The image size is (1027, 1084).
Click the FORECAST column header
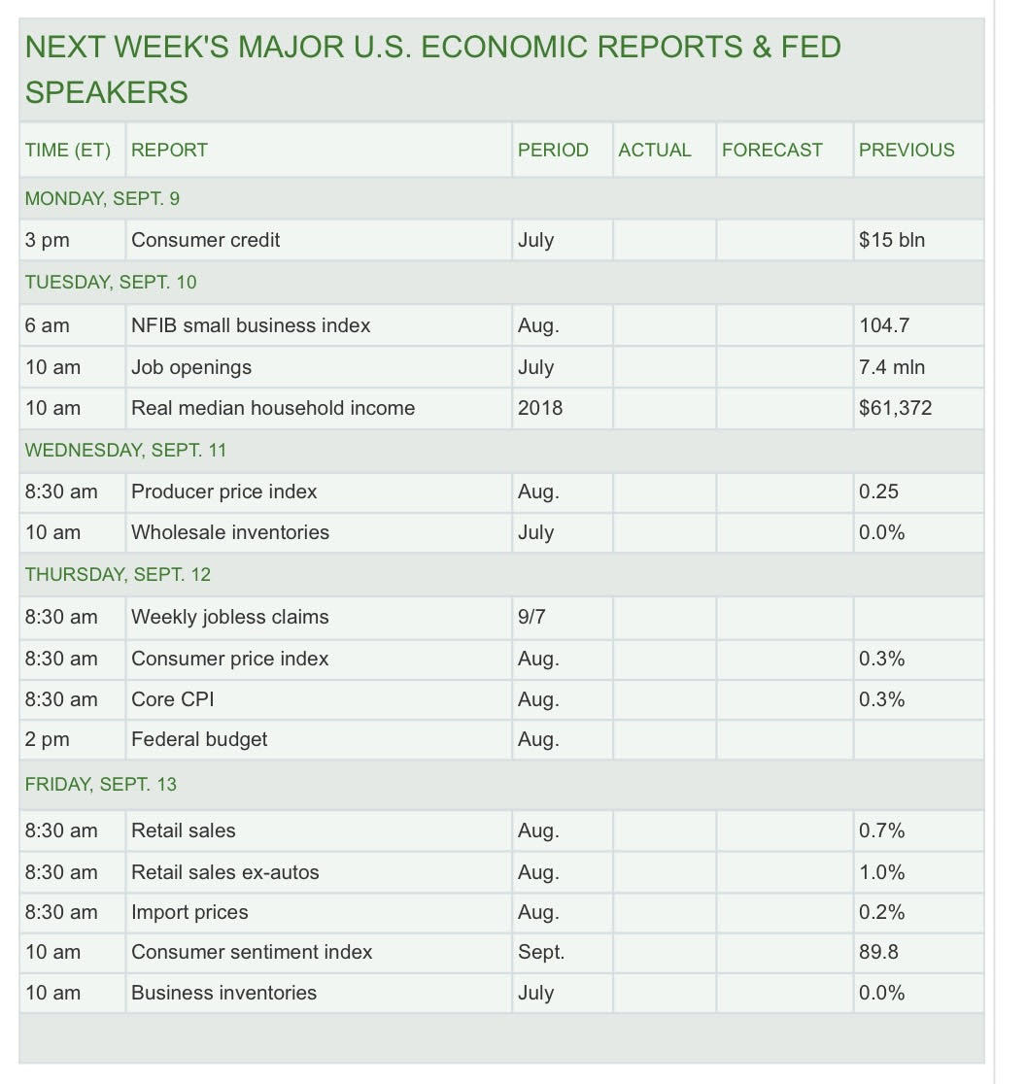(771, 151)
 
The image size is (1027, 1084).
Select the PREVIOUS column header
(907, 151)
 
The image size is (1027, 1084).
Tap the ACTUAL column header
(655, 151)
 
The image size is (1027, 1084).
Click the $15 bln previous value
(892, 240)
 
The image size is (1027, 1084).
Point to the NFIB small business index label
(251, 325)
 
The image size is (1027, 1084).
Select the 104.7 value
(884, 325)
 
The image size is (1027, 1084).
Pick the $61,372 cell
(895, 408)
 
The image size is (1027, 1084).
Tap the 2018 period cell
(540, 408)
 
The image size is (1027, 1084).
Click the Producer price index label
(224, 491)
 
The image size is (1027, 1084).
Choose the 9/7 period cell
(532, 617)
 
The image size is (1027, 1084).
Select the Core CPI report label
(172, 699)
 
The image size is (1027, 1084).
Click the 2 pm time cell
(48, 739)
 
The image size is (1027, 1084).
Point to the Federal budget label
(199, 739)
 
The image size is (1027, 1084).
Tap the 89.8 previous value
(878, 952)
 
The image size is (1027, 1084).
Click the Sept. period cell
(541, 952)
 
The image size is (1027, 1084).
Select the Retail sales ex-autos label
(225, 872)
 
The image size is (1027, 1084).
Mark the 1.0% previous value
(881, 872)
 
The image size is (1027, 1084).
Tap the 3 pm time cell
(48, 240)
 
